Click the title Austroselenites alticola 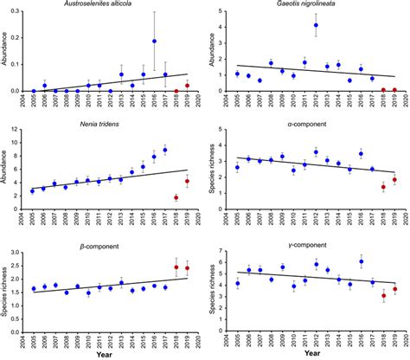pyautogui.click(x=108, y=5)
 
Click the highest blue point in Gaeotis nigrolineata pyautogui.click(x=316, y=26)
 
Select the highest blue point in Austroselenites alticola pyautogui.click(x=154, y=41)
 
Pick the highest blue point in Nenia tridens pyautogui.click(x=165, y=150)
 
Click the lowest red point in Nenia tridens pyautogui.click(x=176, y=197)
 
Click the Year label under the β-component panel pyautogui.click(x=109, y=353)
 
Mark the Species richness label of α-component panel pyautogui.click(x=213, y=170)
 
